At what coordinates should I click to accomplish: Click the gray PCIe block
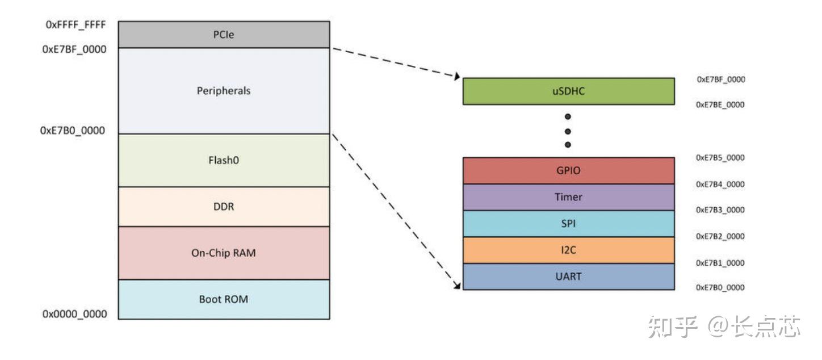224,35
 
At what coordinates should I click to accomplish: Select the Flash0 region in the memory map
224,160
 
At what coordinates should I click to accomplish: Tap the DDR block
224,207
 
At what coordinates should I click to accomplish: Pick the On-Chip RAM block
224,253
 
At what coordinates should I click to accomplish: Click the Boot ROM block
224,299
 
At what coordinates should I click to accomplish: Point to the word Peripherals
224,91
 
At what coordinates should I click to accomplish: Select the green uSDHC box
568,91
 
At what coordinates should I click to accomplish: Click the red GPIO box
568,171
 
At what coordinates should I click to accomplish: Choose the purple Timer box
568,197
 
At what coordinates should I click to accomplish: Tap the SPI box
568,224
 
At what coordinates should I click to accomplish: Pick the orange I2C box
568,250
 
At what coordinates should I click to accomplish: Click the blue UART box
568,277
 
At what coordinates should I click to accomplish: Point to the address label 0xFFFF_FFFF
76,24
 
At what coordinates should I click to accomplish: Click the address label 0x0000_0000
75,314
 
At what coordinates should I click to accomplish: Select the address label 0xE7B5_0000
720,158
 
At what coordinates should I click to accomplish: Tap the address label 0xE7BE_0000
720,105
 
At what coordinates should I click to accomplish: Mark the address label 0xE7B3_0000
720,210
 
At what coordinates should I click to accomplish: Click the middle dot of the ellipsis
568,131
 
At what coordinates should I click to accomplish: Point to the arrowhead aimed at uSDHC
457,76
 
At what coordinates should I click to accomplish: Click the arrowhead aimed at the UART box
457,285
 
